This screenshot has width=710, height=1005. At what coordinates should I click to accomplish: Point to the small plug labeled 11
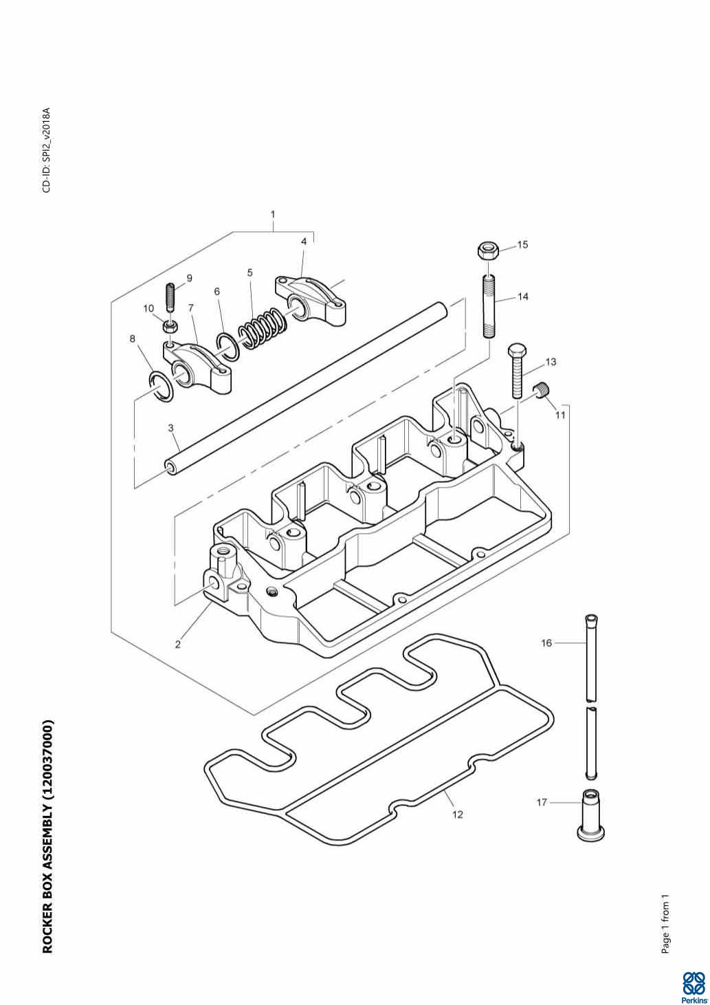543,391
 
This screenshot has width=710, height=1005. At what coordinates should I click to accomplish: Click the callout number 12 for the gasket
458,814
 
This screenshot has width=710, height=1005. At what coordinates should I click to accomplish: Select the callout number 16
546,643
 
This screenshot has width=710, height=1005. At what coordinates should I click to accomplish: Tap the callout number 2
178,645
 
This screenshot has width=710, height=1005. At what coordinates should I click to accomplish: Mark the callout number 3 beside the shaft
170,428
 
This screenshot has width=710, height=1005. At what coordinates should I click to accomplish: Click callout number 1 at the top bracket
273,215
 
